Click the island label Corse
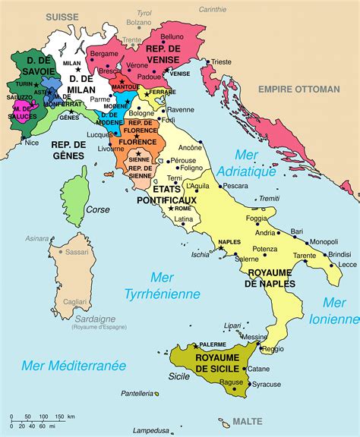click(97, 209)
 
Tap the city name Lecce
click(348, 264)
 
